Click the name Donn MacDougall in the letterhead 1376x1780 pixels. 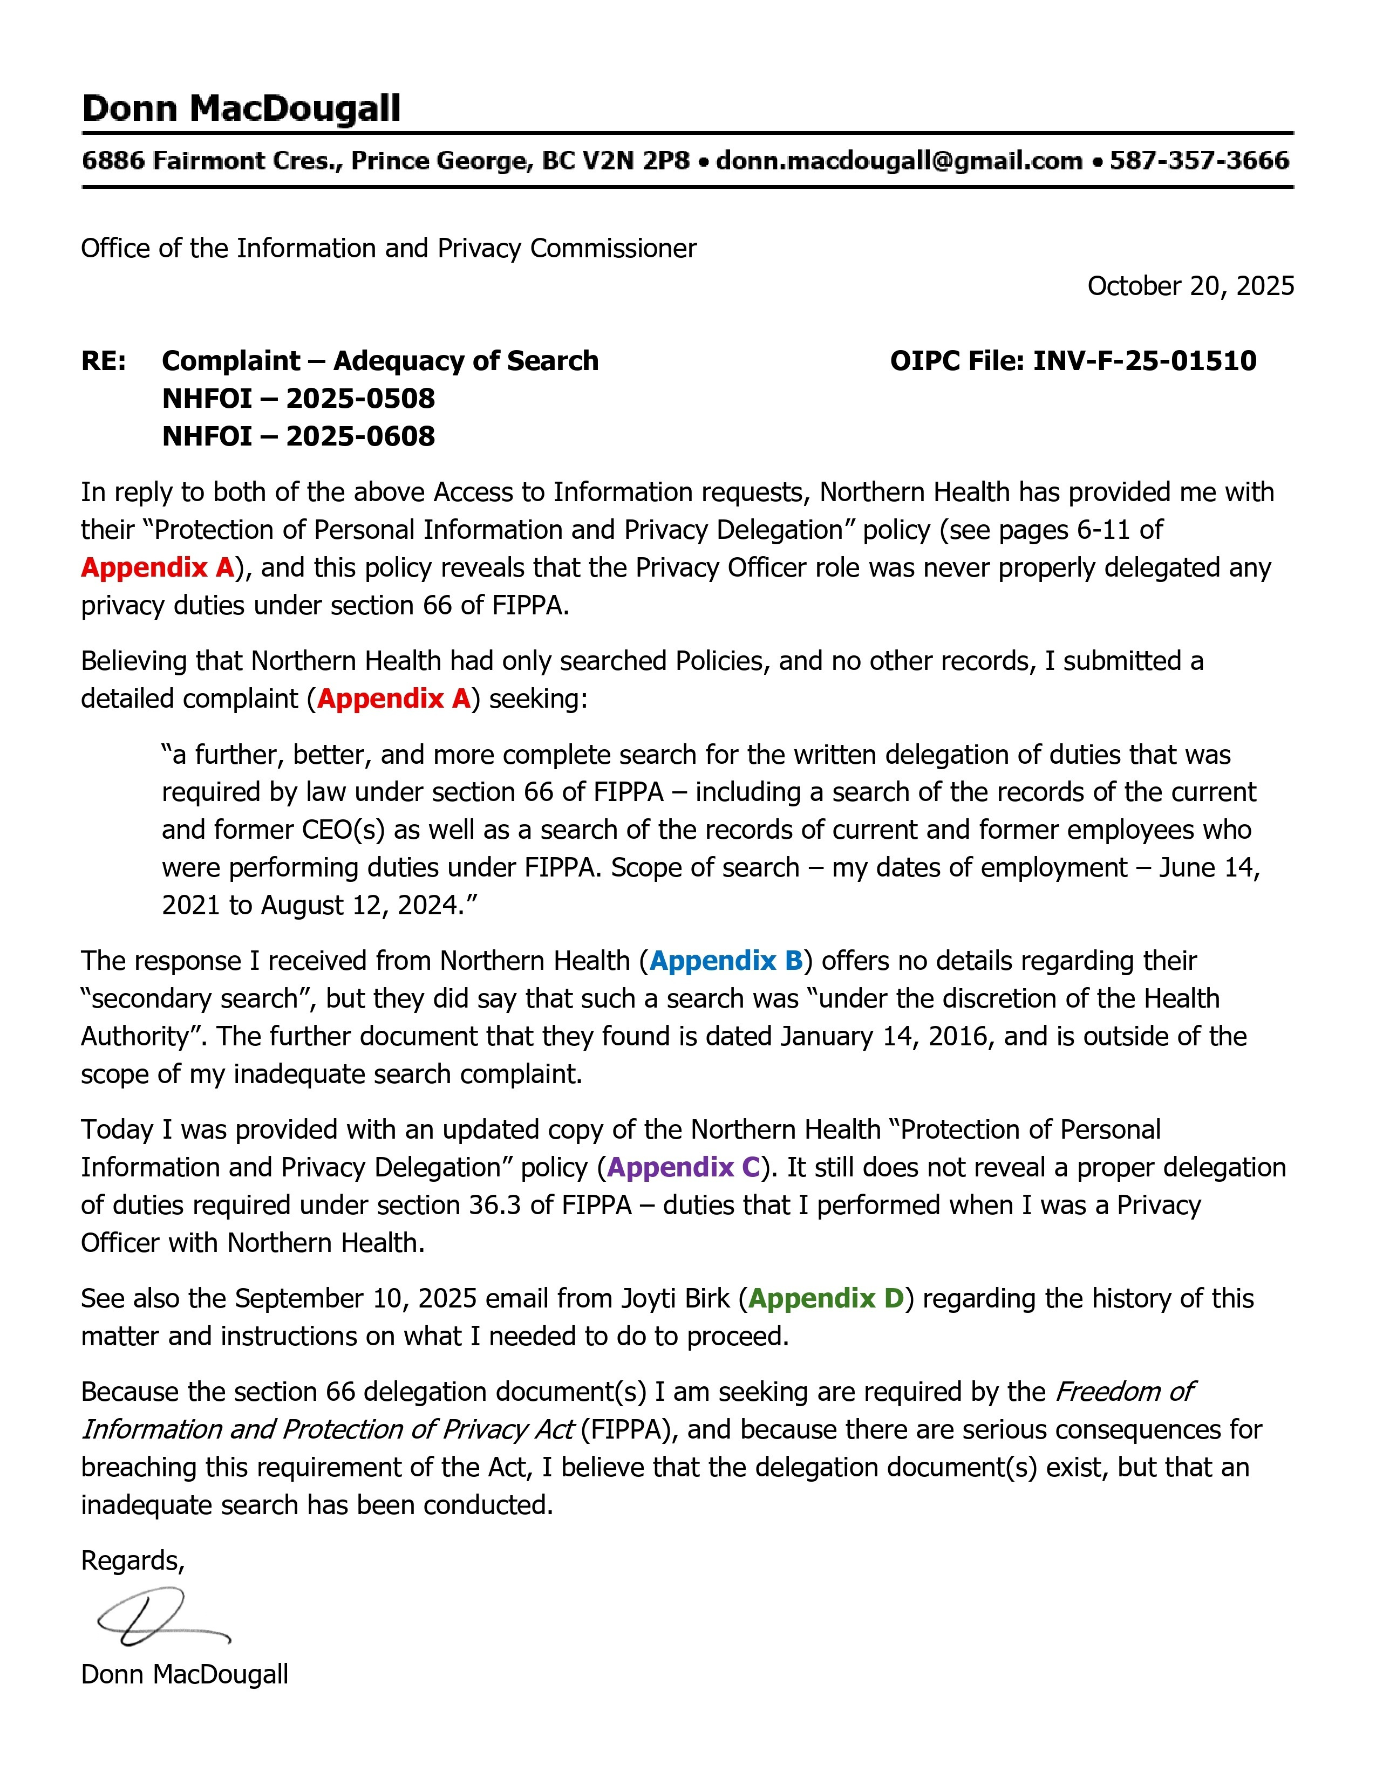point(241,108)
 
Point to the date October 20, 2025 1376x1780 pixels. point(1190,285)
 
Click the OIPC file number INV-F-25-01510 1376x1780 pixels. point(1145,360)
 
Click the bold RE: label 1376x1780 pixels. point(104,360)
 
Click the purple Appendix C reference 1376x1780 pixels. point(684,1167)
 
